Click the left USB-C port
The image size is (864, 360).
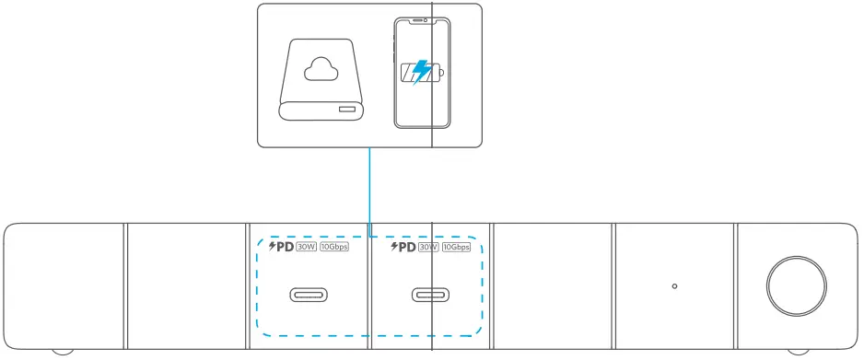point(309,296)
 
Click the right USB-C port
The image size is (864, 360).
point(431,296)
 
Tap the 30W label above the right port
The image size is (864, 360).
point(428,247)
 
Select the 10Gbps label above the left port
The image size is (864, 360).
point(334,247)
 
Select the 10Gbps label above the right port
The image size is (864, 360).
point(462,247)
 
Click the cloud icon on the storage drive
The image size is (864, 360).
point(321,67)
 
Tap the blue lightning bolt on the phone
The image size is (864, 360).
point(421,72)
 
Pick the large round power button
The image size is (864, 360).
point(796,285)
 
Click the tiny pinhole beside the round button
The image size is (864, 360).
point(675,286)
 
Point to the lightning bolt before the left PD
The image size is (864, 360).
point(272,246)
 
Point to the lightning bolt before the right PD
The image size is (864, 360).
point(395,246)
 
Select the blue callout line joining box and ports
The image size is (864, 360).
point(369,189)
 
